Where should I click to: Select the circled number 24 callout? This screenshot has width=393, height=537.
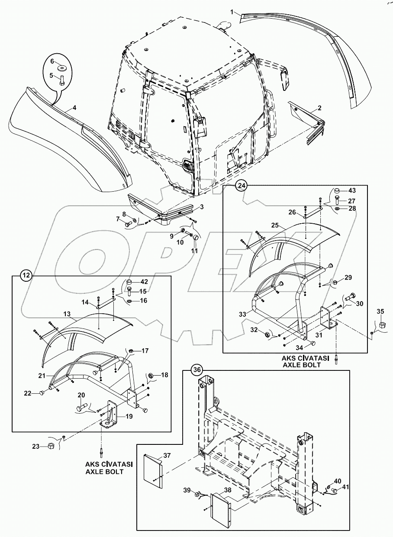pyautogui.click(x=241, y=186)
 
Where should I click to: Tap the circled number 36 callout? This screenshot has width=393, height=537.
pyautogui.click(x=197, y=370)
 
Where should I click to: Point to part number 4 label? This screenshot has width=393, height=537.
pyautogui.click(x=74, y=107)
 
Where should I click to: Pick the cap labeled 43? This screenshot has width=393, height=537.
pyautogui.click(x=337, y=191)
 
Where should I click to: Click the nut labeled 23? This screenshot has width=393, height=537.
pyautogui.click(x=50, y=445)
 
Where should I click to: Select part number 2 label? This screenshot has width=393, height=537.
pyautogui.click(x=320, y=108)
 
